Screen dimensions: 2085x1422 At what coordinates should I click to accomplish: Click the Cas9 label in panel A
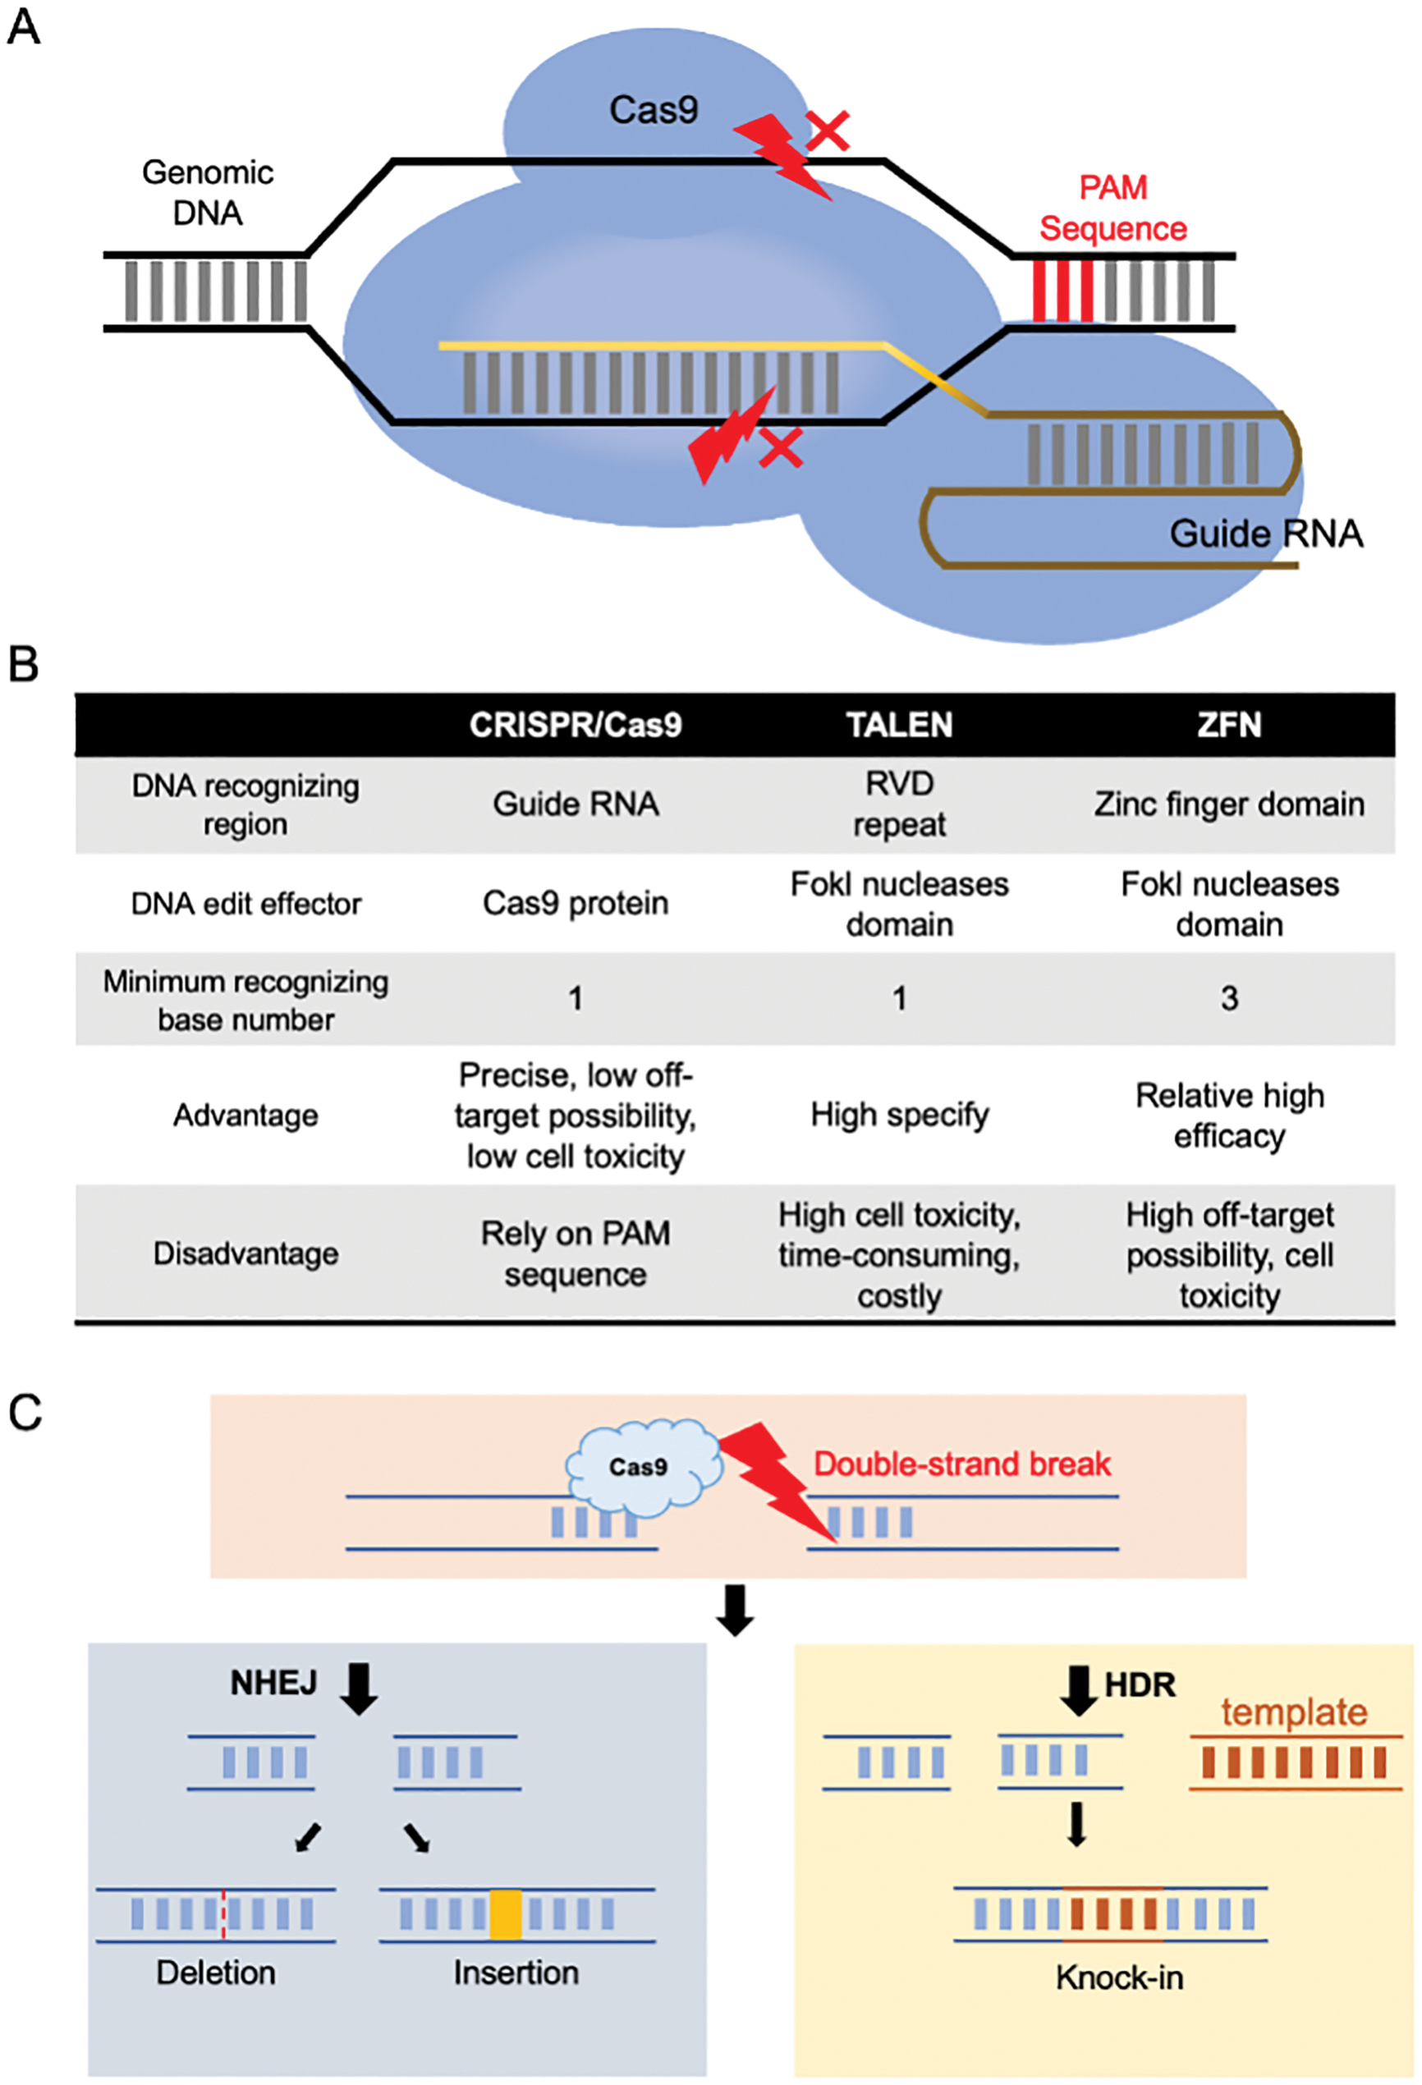[654, 110]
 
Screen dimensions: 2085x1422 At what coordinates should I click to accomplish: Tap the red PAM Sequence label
[1112, 208]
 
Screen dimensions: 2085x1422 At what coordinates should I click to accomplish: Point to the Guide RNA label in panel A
[1265, 534]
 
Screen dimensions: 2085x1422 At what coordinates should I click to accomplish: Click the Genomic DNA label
[207, 192]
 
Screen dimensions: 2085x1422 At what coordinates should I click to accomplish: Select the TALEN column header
[899, 725]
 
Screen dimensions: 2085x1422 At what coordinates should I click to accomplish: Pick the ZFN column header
[1228, 725]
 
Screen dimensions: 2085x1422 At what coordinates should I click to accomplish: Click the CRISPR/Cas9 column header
[575, 725]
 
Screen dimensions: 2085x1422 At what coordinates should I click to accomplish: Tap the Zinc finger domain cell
[1228, 804]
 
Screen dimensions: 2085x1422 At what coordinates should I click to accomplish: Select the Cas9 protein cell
[575, 903]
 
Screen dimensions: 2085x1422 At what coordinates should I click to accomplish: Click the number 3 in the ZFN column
[1229, 998]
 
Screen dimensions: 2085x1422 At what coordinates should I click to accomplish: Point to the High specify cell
[899, 1116]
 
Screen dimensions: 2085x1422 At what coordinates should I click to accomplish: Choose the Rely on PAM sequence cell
[575, 1253]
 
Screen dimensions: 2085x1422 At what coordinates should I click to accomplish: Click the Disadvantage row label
[245, 1253]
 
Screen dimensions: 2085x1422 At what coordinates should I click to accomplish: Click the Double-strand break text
[961, 1464]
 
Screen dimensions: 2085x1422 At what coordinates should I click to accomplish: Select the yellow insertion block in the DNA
[505, 1914]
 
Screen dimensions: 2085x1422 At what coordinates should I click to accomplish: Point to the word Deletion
[215, 1973]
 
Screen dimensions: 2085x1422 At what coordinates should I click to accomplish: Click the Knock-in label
[1119, 1977]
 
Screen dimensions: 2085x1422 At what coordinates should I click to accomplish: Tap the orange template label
[1294, 1712]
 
